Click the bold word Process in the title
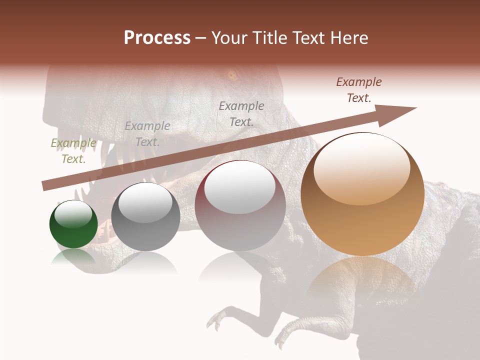point(157,38)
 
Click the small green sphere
point(73,224)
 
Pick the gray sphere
point(145,217)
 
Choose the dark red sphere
point(240,205)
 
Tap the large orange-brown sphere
point(362,194)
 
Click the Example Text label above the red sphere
point(241,113)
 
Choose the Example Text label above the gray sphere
point(147,134)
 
